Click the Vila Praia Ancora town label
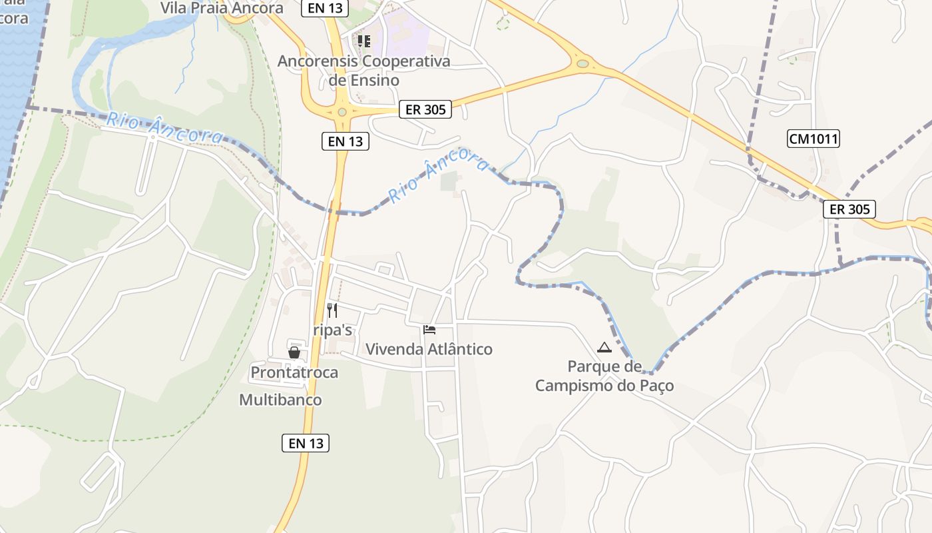point(222,8)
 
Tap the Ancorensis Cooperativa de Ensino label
point(363,71)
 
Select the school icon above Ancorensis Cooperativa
point(363,41)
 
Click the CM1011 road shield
point(813,139)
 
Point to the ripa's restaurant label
point(332,330)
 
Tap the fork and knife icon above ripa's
point(332,310)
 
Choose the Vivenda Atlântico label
point(429,349)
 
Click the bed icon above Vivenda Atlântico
point(429,329)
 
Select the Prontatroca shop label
point(294,372)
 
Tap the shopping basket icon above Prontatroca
point(294,352)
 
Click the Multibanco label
point(280,400)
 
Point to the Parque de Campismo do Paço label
point(604,376)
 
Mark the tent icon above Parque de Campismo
point(604,347)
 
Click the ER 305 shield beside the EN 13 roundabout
point(425,109)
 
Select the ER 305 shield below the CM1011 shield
point(849,209)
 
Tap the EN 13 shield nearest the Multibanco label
point(306,443)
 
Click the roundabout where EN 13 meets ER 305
point(342,112)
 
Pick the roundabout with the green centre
point(583,64)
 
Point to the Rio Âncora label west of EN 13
point(165,127)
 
